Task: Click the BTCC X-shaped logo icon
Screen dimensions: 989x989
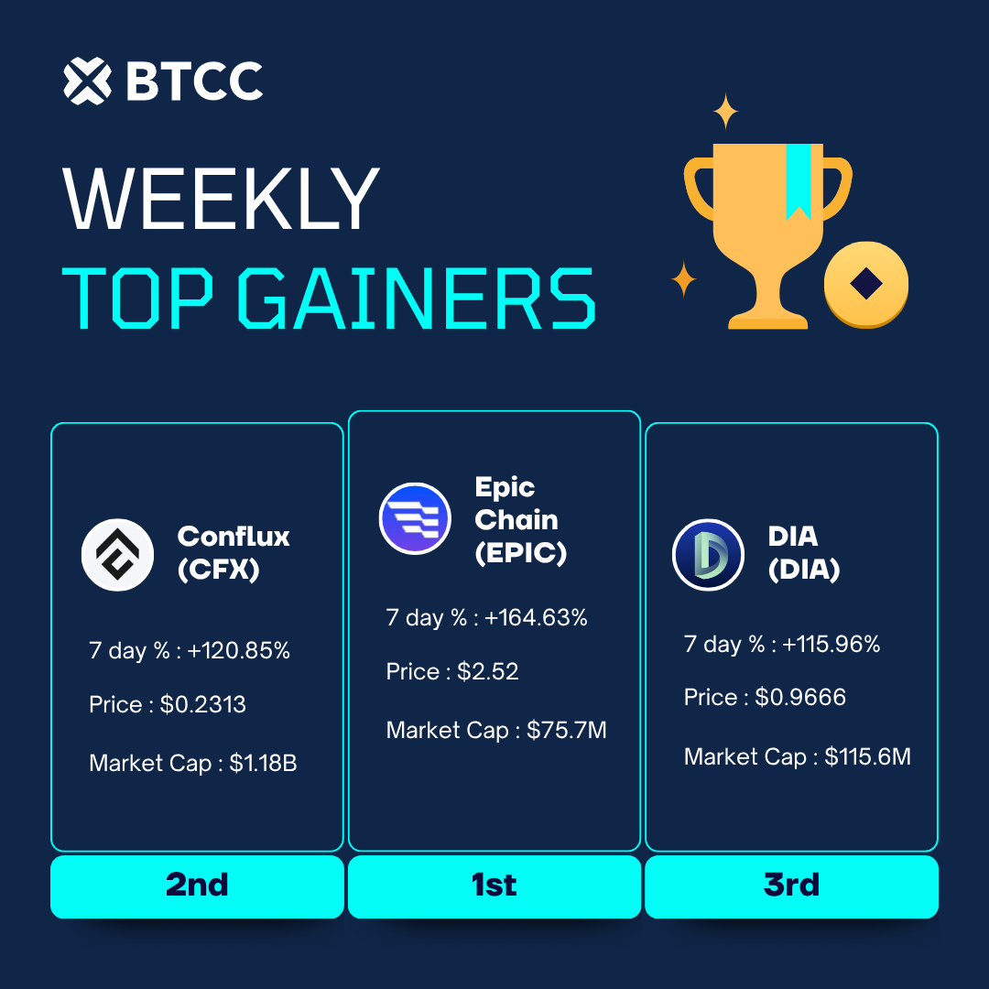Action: [x=88, y=81]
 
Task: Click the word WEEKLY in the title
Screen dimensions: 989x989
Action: [x=222, y=199]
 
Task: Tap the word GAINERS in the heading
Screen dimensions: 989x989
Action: [x=417, y=298]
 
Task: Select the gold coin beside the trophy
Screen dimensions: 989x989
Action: [x=866, y=284]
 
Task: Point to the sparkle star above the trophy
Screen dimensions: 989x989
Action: [x=725, y=111]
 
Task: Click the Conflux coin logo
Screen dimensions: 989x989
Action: [x=117, y=555]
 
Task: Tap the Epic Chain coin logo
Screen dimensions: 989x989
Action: [x=415, y=518]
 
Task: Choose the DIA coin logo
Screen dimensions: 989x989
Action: [x=708, y=555]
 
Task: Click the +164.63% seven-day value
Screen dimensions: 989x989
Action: [x=536, y=617]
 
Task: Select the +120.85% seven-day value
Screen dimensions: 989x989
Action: [x=238, y=650]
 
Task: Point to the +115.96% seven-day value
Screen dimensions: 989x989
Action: [x=831, y=644]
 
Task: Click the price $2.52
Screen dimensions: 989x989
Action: [x=487, y=672]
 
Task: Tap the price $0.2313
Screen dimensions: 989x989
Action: [x=202, y=704]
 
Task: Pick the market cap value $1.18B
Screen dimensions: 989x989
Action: [x=263, y=763]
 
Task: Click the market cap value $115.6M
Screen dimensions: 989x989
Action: [x=867, y=757]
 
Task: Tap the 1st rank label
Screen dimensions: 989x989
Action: [x=494, y=885]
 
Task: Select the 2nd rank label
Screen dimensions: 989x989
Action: [x=197, y=885]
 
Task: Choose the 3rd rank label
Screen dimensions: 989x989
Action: [x=791, y=885]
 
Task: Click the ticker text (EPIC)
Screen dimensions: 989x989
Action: [x=521, y=553]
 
